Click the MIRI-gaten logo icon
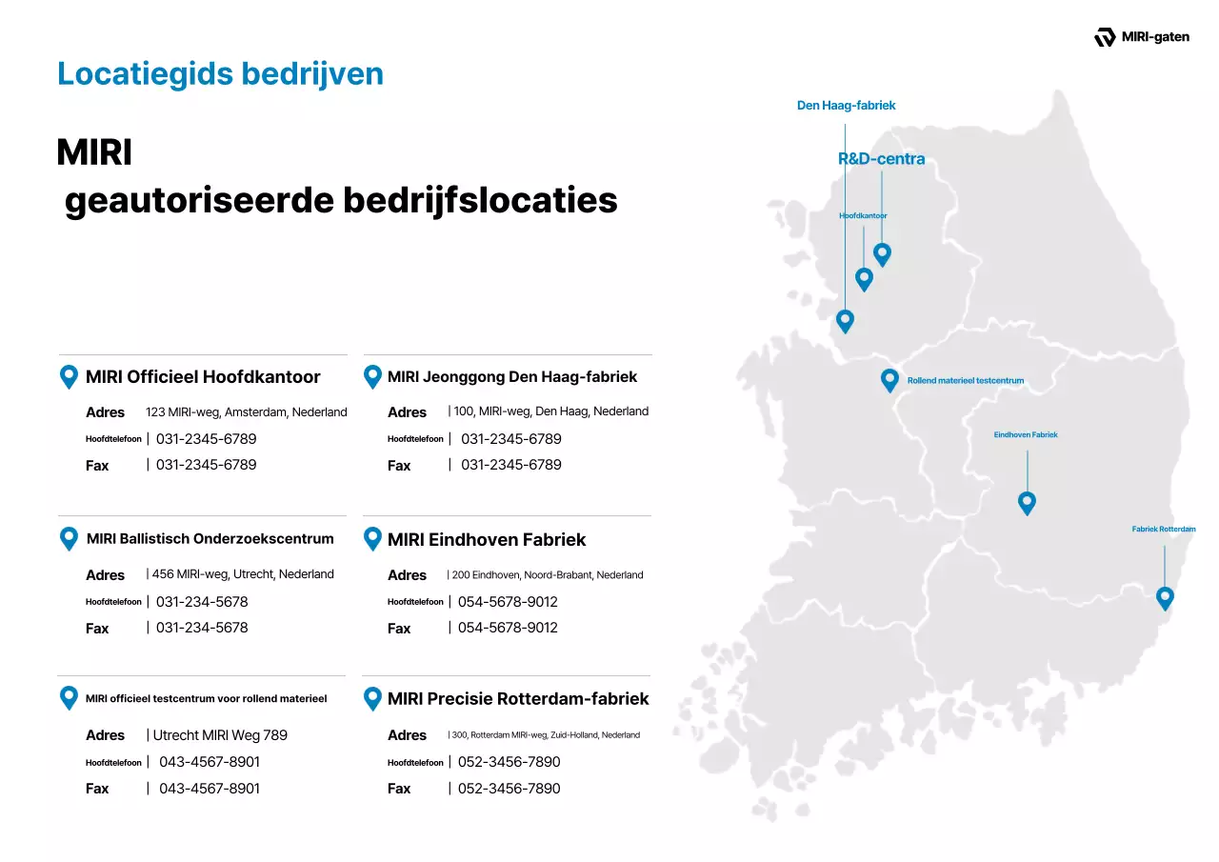point(1105,37)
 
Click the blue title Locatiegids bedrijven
point(220,73)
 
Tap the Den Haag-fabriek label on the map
point(846,106)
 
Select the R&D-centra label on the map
point(881,159)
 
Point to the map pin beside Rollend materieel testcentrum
point(889,379)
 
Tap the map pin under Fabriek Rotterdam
point(1164,597)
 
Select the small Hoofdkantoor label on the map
point(863,216)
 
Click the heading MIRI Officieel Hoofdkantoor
point(203,376)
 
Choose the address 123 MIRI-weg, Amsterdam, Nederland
point(246,412)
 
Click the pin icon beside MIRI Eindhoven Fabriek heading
point(373,538)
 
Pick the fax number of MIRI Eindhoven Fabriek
point(508,628)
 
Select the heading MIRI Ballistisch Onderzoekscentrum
point(210,539)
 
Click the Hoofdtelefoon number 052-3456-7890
point(509,762)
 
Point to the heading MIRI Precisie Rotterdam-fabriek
point(518,698)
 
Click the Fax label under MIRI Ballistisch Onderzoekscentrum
point(97,629)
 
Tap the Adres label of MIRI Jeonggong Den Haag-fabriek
point(407,412)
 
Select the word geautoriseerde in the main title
point(198,201)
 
